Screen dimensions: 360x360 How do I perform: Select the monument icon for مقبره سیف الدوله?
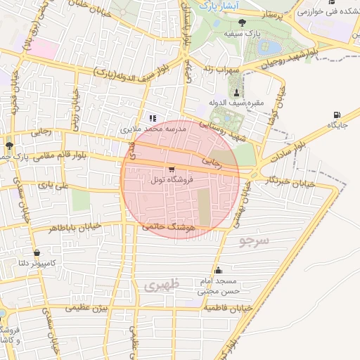pyautogui.click(x=236, y=93)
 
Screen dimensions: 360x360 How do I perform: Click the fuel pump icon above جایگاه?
pyautogui.click(x=338, y=114)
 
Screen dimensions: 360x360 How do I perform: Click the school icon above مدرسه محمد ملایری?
pyautogui.click(x=152, y=118)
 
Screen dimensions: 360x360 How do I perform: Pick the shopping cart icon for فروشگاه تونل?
pyautogui.click(x=171, y=170)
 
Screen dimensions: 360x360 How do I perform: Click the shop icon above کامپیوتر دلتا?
pyautogui.click(x=36, y=252)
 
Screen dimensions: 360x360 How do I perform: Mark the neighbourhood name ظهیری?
pyautogui.click(x=162, y=285)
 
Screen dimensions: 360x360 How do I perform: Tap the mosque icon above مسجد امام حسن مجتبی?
pyautogui.click(x=217, y=270)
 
